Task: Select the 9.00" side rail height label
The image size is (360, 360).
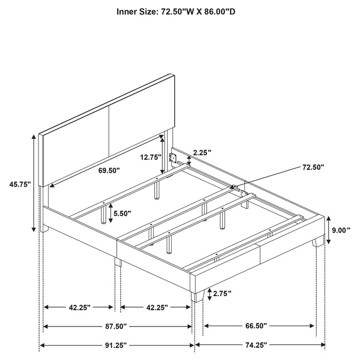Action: (x=341, y=230)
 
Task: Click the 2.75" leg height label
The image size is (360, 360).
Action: (x=222, y=294)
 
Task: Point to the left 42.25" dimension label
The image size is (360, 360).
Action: (x=79, y=308)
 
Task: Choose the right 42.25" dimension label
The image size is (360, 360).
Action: (x=156, y=308)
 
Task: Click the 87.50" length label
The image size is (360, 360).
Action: (x=118, y=326)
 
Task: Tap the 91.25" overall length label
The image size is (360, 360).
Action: (x=118, y=344)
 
